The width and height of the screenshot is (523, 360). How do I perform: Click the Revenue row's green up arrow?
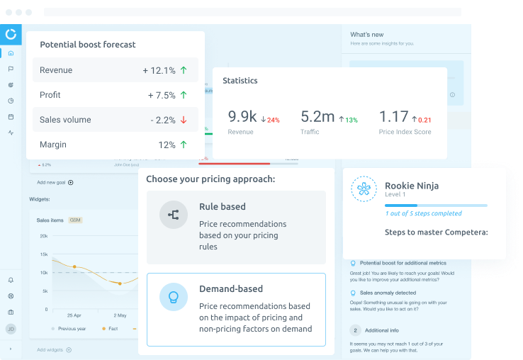(x=184, y=70)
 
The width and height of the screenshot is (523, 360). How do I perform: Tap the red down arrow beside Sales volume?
(x=184, y=120)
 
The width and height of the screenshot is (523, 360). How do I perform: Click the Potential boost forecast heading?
(x=88, y=45)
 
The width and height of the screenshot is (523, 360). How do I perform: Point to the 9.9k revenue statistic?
(x=242, y=117)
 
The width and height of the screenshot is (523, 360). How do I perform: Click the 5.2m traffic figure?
(x=317, y=117)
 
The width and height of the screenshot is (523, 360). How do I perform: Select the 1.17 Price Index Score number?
(x=394, y=117)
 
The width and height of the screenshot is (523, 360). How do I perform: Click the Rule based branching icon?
(x=173, y=214)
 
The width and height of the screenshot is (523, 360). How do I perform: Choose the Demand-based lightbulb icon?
(x=173, y=297)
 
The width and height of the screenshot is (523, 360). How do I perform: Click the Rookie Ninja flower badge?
(x=365, y=189)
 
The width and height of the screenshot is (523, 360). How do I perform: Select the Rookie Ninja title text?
(x=412, y=186)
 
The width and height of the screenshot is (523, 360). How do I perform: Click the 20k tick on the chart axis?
(x=43, y=237)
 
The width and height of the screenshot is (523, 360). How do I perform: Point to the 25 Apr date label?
(x=74, y=315)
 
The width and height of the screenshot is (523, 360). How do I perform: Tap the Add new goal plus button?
(x=70, y=183)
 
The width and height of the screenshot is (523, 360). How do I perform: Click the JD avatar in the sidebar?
(x=11, y=329)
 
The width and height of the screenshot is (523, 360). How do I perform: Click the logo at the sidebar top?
(x=11, y=34)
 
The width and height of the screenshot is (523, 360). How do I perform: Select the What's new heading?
(x=367, y=35)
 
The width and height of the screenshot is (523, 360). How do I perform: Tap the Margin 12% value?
(x=167, y=145)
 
